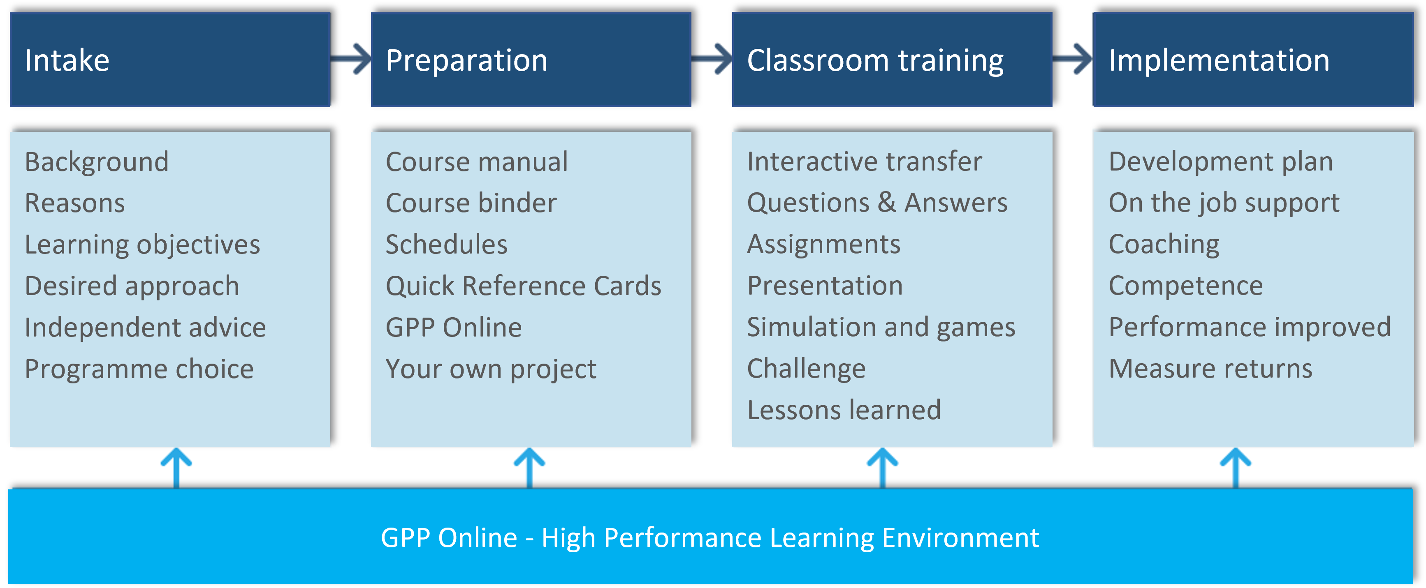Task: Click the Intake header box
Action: pos(170,60)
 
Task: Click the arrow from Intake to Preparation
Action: pos(351,59)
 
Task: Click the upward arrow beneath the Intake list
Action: pos(176,468)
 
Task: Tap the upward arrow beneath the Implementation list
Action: pos(1236,468)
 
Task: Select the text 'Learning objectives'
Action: pos(142,245)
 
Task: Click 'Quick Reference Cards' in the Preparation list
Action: pos(523,286)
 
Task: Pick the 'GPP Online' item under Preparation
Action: pos(453,327)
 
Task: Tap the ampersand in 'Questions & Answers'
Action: pos(887,203)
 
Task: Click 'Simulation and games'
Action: pos(881,327)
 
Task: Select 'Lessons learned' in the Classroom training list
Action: pos(844,410)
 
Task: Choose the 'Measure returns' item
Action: pos(1210,369)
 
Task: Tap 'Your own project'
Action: pos(491,369)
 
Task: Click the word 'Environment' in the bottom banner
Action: pos(960,537)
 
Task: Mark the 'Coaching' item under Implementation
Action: pos(1164,245)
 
